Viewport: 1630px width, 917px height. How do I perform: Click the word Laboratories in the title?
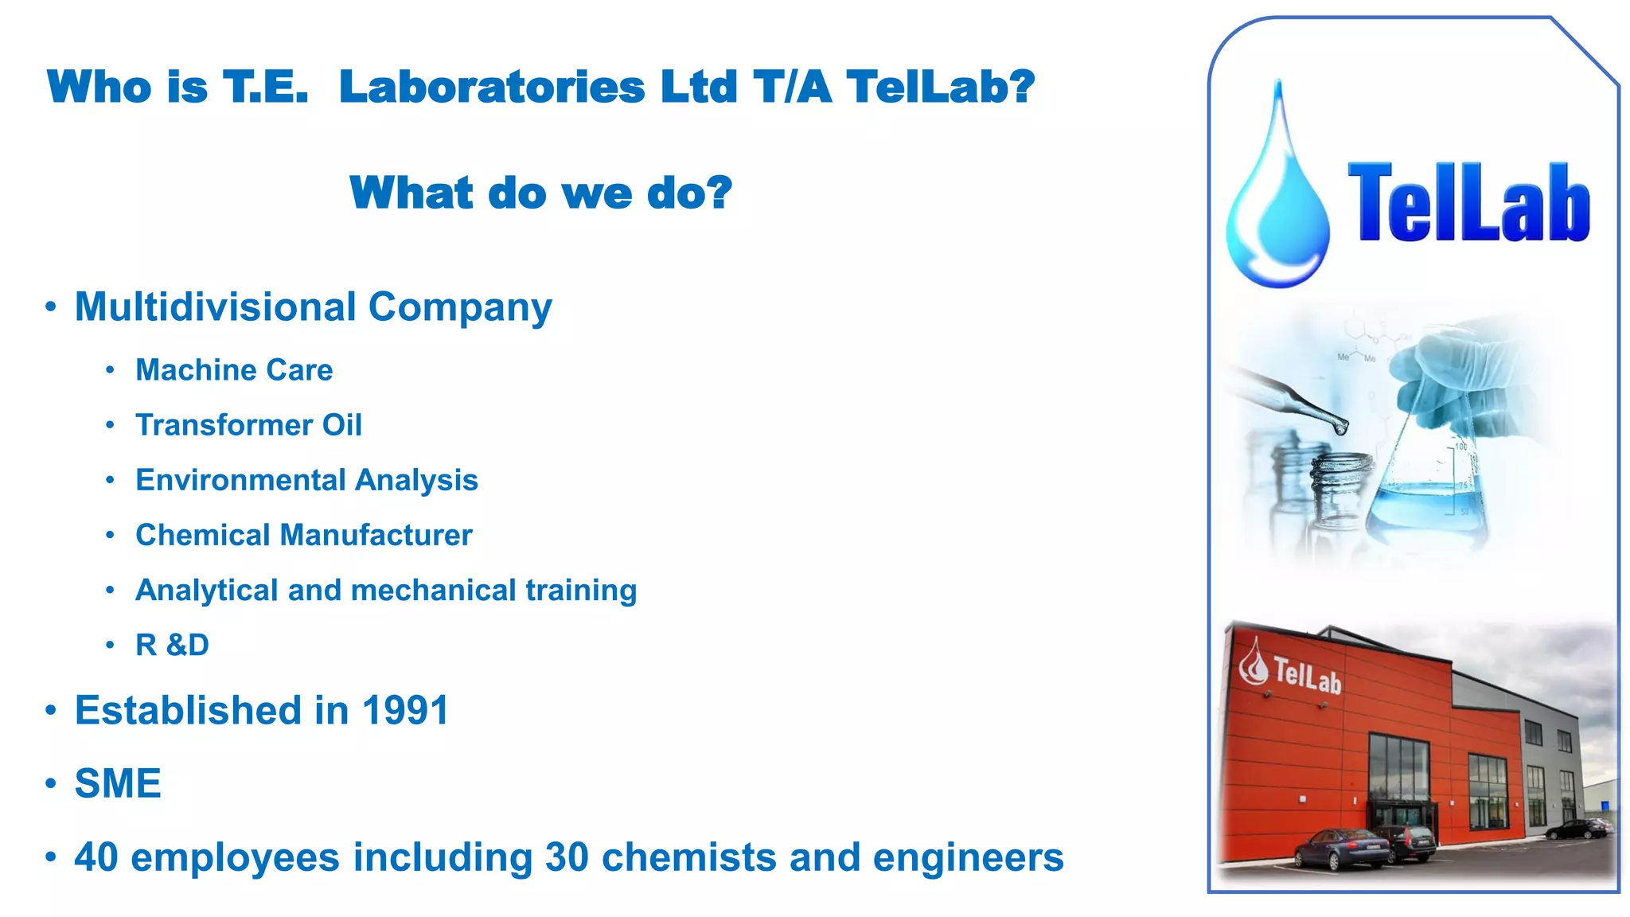(x=491, y=87)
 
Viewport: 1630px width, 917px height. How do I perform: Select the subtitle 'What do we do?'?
(x=540, y=193)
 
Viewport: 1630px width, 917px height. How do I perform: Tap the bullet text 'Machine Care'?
(x=234, y=370)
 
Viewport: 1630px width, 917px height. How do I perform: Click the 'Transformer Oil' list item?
(x=248, y=425)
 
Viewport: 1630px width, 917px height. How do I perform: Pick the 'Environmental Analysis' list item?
(x=306, y=480)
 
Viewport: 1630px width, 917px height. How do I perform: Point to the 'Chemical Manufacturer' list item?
(x=303, y=535)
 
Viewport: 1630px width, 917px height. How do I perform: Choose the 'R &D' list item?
(x=172, y=645)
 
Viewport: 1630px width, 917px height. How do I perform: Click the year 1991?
(x=405, y=710)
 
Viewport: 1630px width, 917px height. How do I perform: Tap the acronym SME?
(x=118, y=783)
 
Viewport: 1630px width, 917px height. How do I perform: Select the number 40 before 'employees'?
(x=96, y=857)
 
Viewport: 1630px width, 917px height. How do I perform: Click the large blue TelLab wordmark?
(x=1468, y=203)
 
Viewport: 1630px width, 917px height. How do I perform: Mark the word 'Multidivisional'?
(x=215, y=307)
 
